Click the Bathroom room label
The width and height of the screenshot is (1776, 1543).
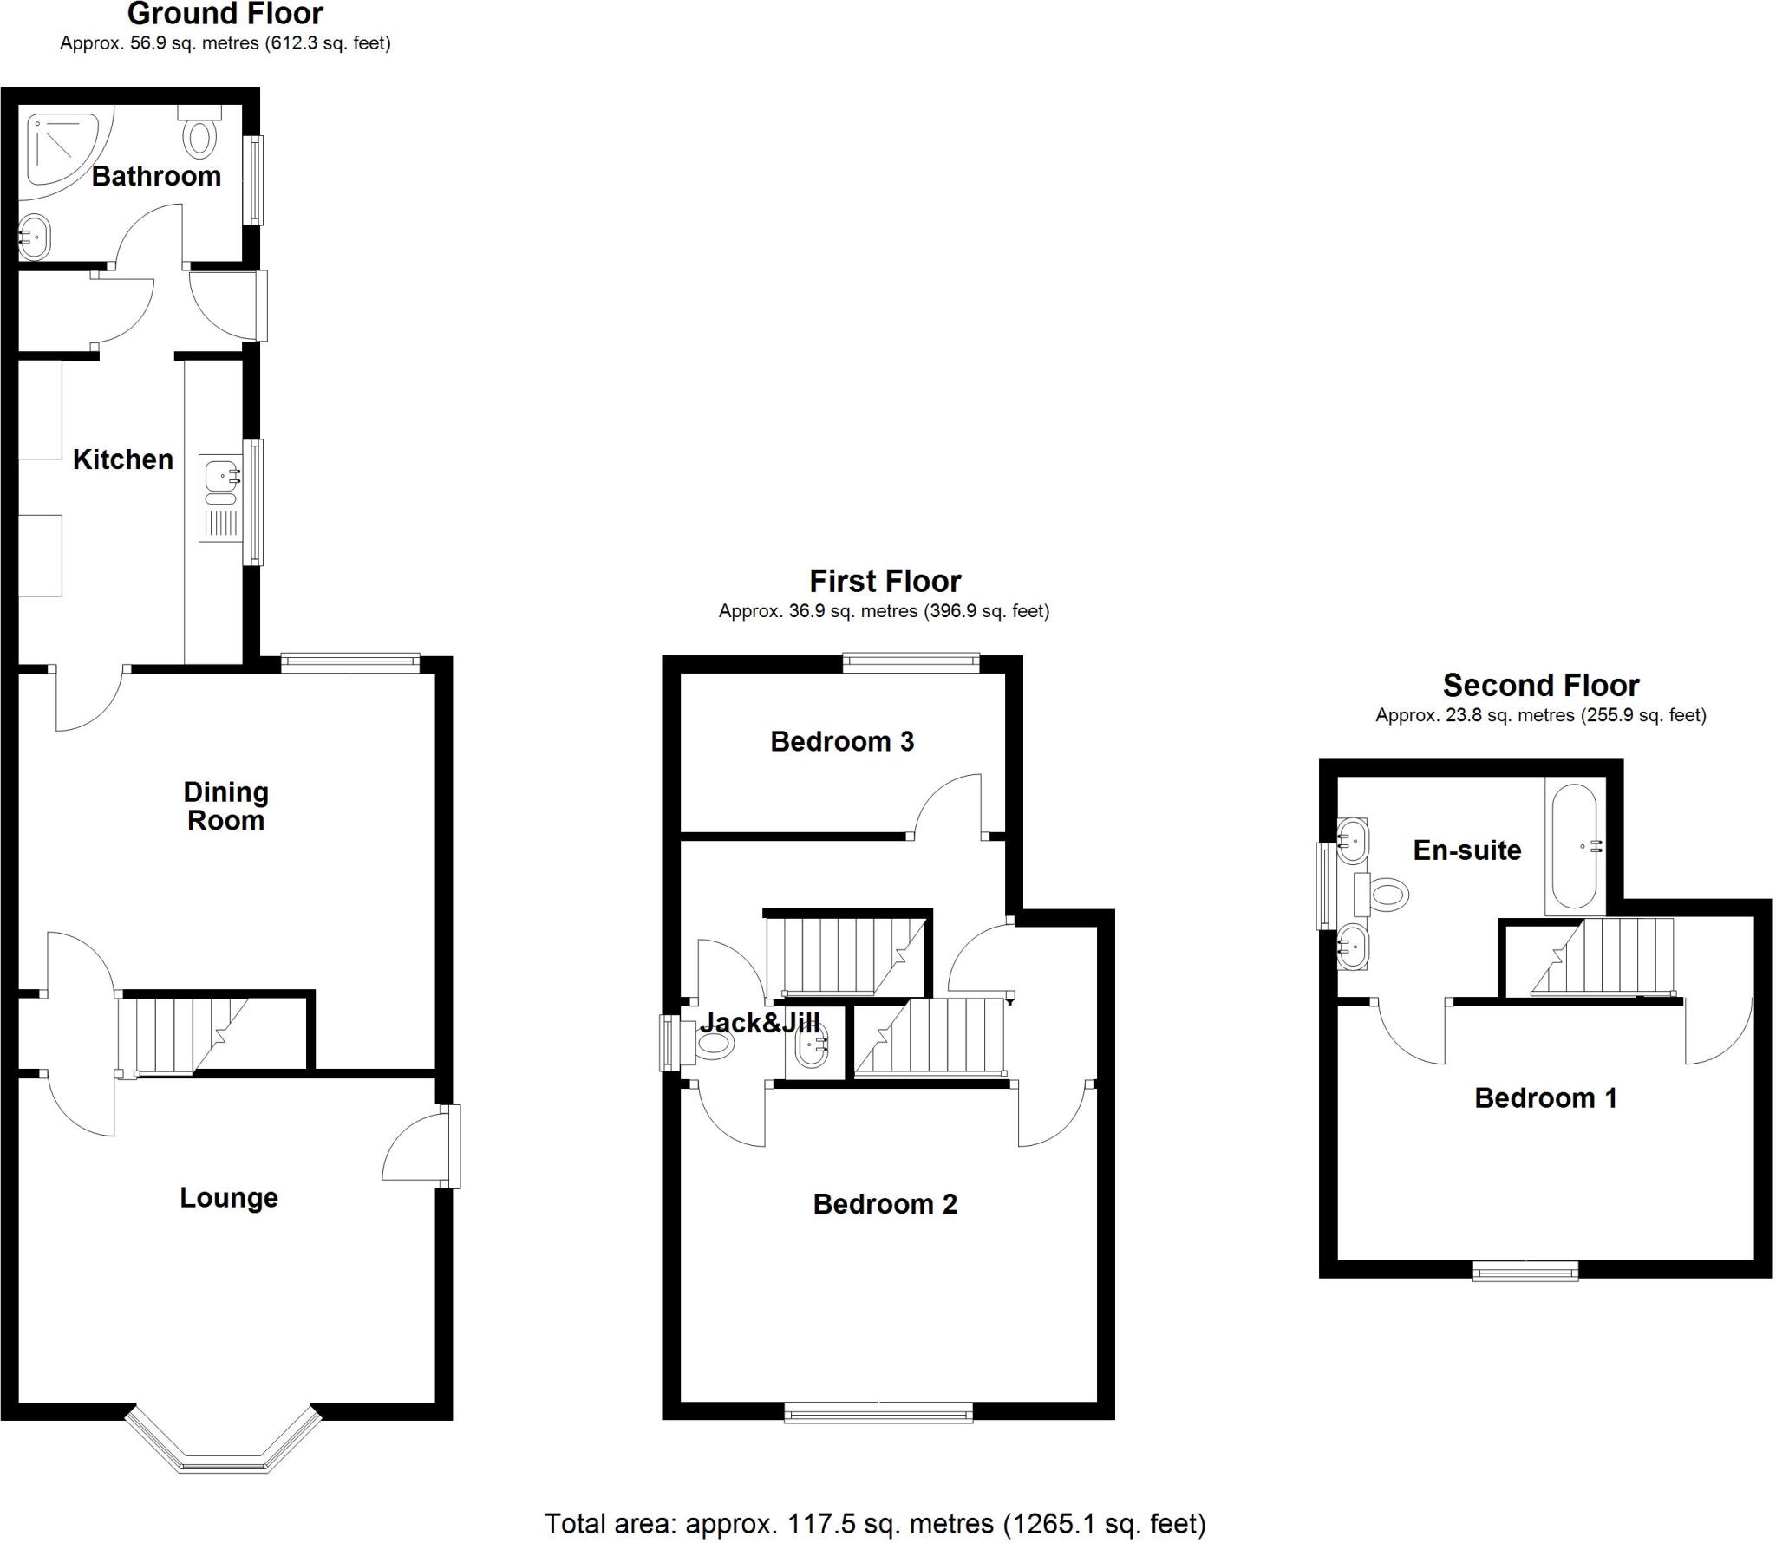tap(156, 176)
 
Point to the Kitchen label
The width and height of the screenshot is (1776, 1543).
tap(123, 459)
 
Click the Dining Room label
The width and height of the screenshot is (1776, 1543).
tap(225, 806)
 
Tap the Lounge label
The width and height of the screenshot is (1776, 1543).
tap(229, 1198)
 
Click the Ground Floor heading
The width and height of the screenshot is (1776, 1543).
tap(225, 15)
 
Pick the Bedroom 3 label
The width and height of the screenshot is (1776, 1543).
tap(842, 741)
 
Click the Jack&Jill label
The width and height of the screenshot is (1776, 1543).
tap(760, 1023)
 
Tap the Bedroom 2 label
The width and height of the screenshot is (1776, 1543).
tap(885, 1204)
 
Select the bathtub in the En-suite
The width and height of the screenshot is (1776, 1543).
tap(1575, 846)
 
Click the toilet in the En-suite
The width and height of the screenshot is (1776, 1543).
tap(1382, 893)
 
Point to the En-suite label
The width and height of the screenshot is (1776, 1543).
tap(1467, 850)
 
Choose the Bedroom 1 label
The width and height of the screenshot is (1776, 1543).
tap(1546, 1098)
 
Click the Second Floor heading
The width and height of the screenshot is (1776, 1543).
tap(1541, 686)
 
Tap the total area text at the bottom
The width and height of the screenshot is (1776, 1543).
tap(875, 1524)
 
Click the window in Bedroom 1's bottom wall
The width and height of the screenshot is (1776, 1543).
tap(1525, 1272)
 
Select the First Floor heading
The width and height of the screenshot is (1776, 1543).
tap(885, 581)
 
